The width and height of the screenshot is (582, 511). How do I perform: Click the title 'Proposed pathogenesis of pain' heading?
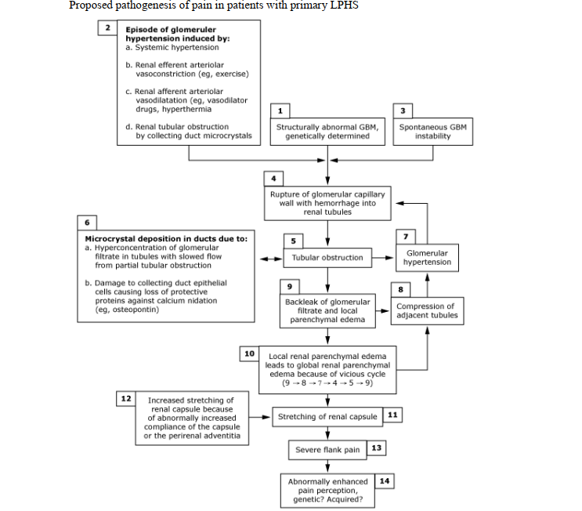click(x=214, y=7)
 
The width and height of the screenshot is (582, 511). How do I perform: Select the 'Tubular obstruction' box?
click(x=327, y=257)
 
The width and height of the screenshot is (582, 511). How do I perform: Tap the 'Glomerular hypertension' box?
click(x=427, y=258)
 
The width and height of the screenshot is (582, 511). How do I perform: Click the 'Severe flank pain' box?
click(x=327, y=450)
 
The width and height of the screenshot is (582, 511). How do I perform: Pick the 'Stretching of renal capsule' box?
click(x=327, y=416)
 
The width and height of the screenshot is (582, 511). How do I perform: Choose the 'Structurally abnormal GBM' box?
click(x=327, y=131)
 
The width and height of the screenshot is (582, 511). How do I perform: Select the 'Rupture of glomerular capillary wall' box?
click(x=327, y=202)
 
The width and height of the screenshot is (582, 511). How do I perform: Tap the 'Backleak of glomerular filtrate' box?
click(x=327, y=310)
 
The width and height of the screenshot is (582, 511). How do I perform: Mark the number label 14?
click(x=384, y=480)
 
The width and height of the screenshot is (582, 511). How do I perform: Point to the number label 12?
click(x=125, y=398)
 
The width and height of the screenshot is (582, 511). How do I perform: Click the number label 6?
click(x=86, y=221)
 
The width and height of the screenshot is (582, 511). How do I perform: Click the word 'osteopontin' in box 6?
click(x=125, y=309)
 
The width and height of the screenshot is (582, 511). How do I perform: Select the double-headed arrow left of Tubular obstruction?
click(x=270, y=258)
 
